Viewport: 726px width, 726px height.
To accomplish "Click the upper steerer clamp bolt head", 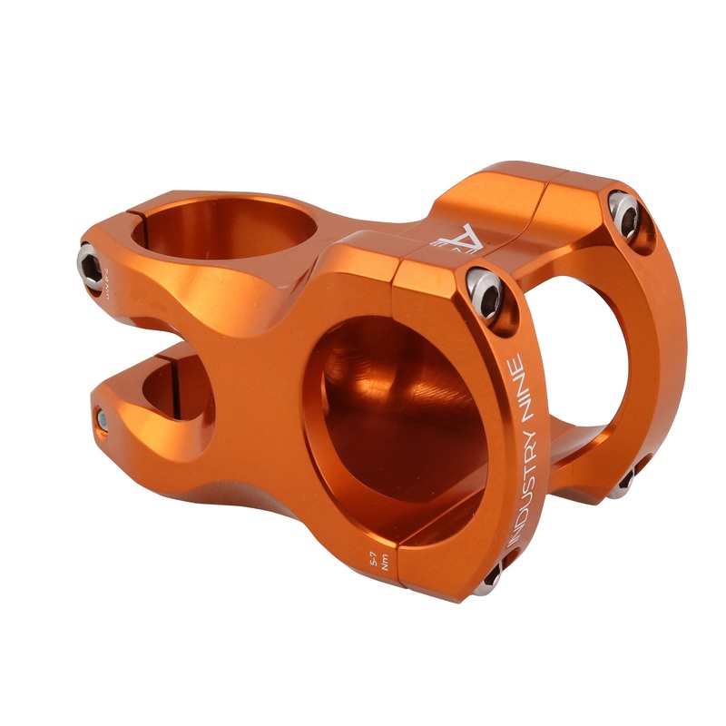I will pyautogui.click(x=90, y=267).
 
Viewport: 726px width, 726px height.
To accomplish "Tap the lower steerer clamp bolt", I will pyautogui.click(x=103, y=419).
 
